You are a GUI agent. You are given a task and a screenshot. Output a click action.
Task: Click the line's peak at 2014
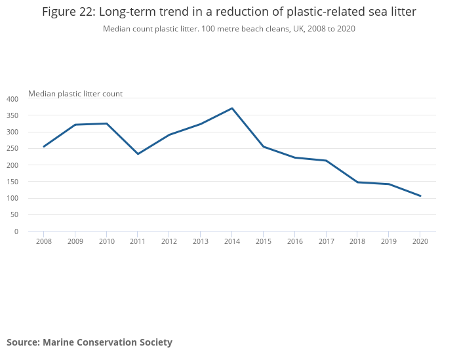tap(232, 108)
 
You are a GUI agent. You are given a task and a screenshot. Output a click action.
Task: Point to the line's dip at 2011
tap(138, 154)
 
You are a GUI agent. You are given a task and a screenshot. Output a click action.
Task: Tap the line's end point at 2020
tap(420, 196)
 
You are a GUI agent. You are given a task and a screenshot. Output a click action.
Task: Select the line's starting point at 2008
tap(43, 147)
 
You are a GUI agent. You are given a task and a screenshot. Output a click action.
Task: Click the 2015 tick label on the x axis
tap(263, 241)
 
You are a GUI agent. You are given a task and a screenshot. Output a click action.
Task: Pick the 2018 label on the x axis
tap(357, 241)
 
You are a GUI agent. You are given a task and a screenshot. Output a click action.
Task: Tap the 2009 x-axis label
tap(75, 241)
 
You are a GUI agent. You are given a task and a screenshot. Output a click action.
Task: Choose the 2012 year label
tap(169, 241)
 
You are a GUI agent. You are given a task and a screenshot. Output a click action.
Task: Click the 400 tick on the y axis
tap(12, 99)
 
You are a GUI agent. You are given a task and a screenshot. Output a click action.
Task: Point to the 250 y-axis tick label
tap(12, 149)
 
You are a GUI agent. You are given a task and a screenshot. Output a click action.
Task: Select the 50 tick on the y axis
tap(14, 215)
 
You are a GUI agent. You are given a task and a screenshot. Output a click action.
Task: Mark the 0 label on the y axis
tap(16, 231)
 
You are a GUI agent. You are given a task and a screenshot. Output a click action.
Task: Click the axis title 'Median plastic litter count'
tap(75, 94)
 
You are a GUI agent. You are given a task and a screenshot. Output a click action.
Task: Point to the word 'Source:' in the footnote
tap(24, 342)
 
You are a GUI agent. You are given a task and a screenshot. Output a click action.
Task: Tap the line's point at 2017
tap(326, 161)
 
